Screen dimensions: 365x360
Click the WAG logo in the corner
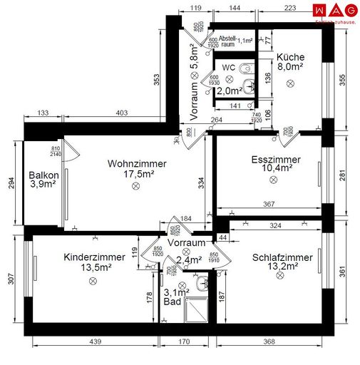pyautogui.click(x=334, y=10)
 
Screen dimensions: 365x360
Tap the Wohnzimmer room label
pyautogui.click(x=137, y=163)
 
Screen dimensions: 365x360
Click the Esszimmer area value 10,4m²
pyautogui.click(x=276, y=169)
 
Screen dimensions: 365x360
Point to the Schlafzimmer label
pyautogui.click(x=282, y=257)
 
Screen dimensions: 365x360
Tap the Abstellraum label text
pyautogui.click(x=227, y=41)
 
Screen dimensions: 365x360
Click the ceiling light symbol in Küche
pyautogui.click(x=290, y=83)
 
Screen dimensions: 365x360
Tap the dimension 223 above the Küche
pyautogui.click(x=289, y=9)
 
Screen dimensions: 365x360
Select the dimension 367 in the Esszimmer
pyautogui.click(x=268, y=205)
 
